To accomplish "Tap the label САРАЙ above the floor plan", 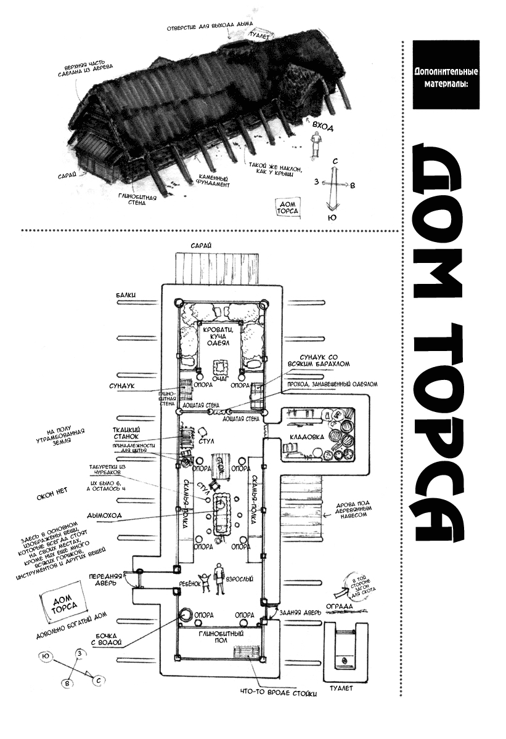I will pyautogui.click(x=202, y=245).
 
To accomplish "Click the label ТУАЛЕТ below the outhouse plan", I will pyautogui.click(x=341, y=688).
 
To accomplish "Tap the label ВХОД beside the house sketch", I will pyautogui.click(x=323, y=127).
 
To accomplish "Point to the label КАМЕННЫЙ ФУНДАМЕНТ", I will pyautogui.click(x=213, y=180).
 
